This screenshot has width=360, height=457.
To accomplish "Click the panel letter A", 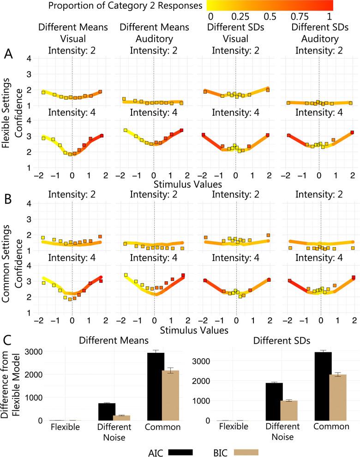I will pyautogui.click(x=8, y=53).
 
